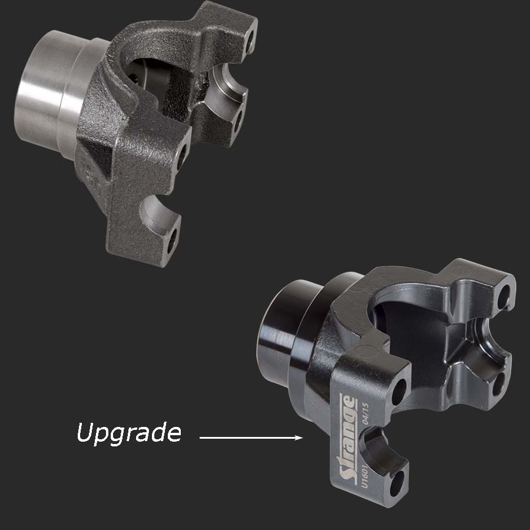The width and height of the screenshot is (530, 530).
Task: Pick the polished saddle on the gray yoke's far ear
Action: pos(227,82)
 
